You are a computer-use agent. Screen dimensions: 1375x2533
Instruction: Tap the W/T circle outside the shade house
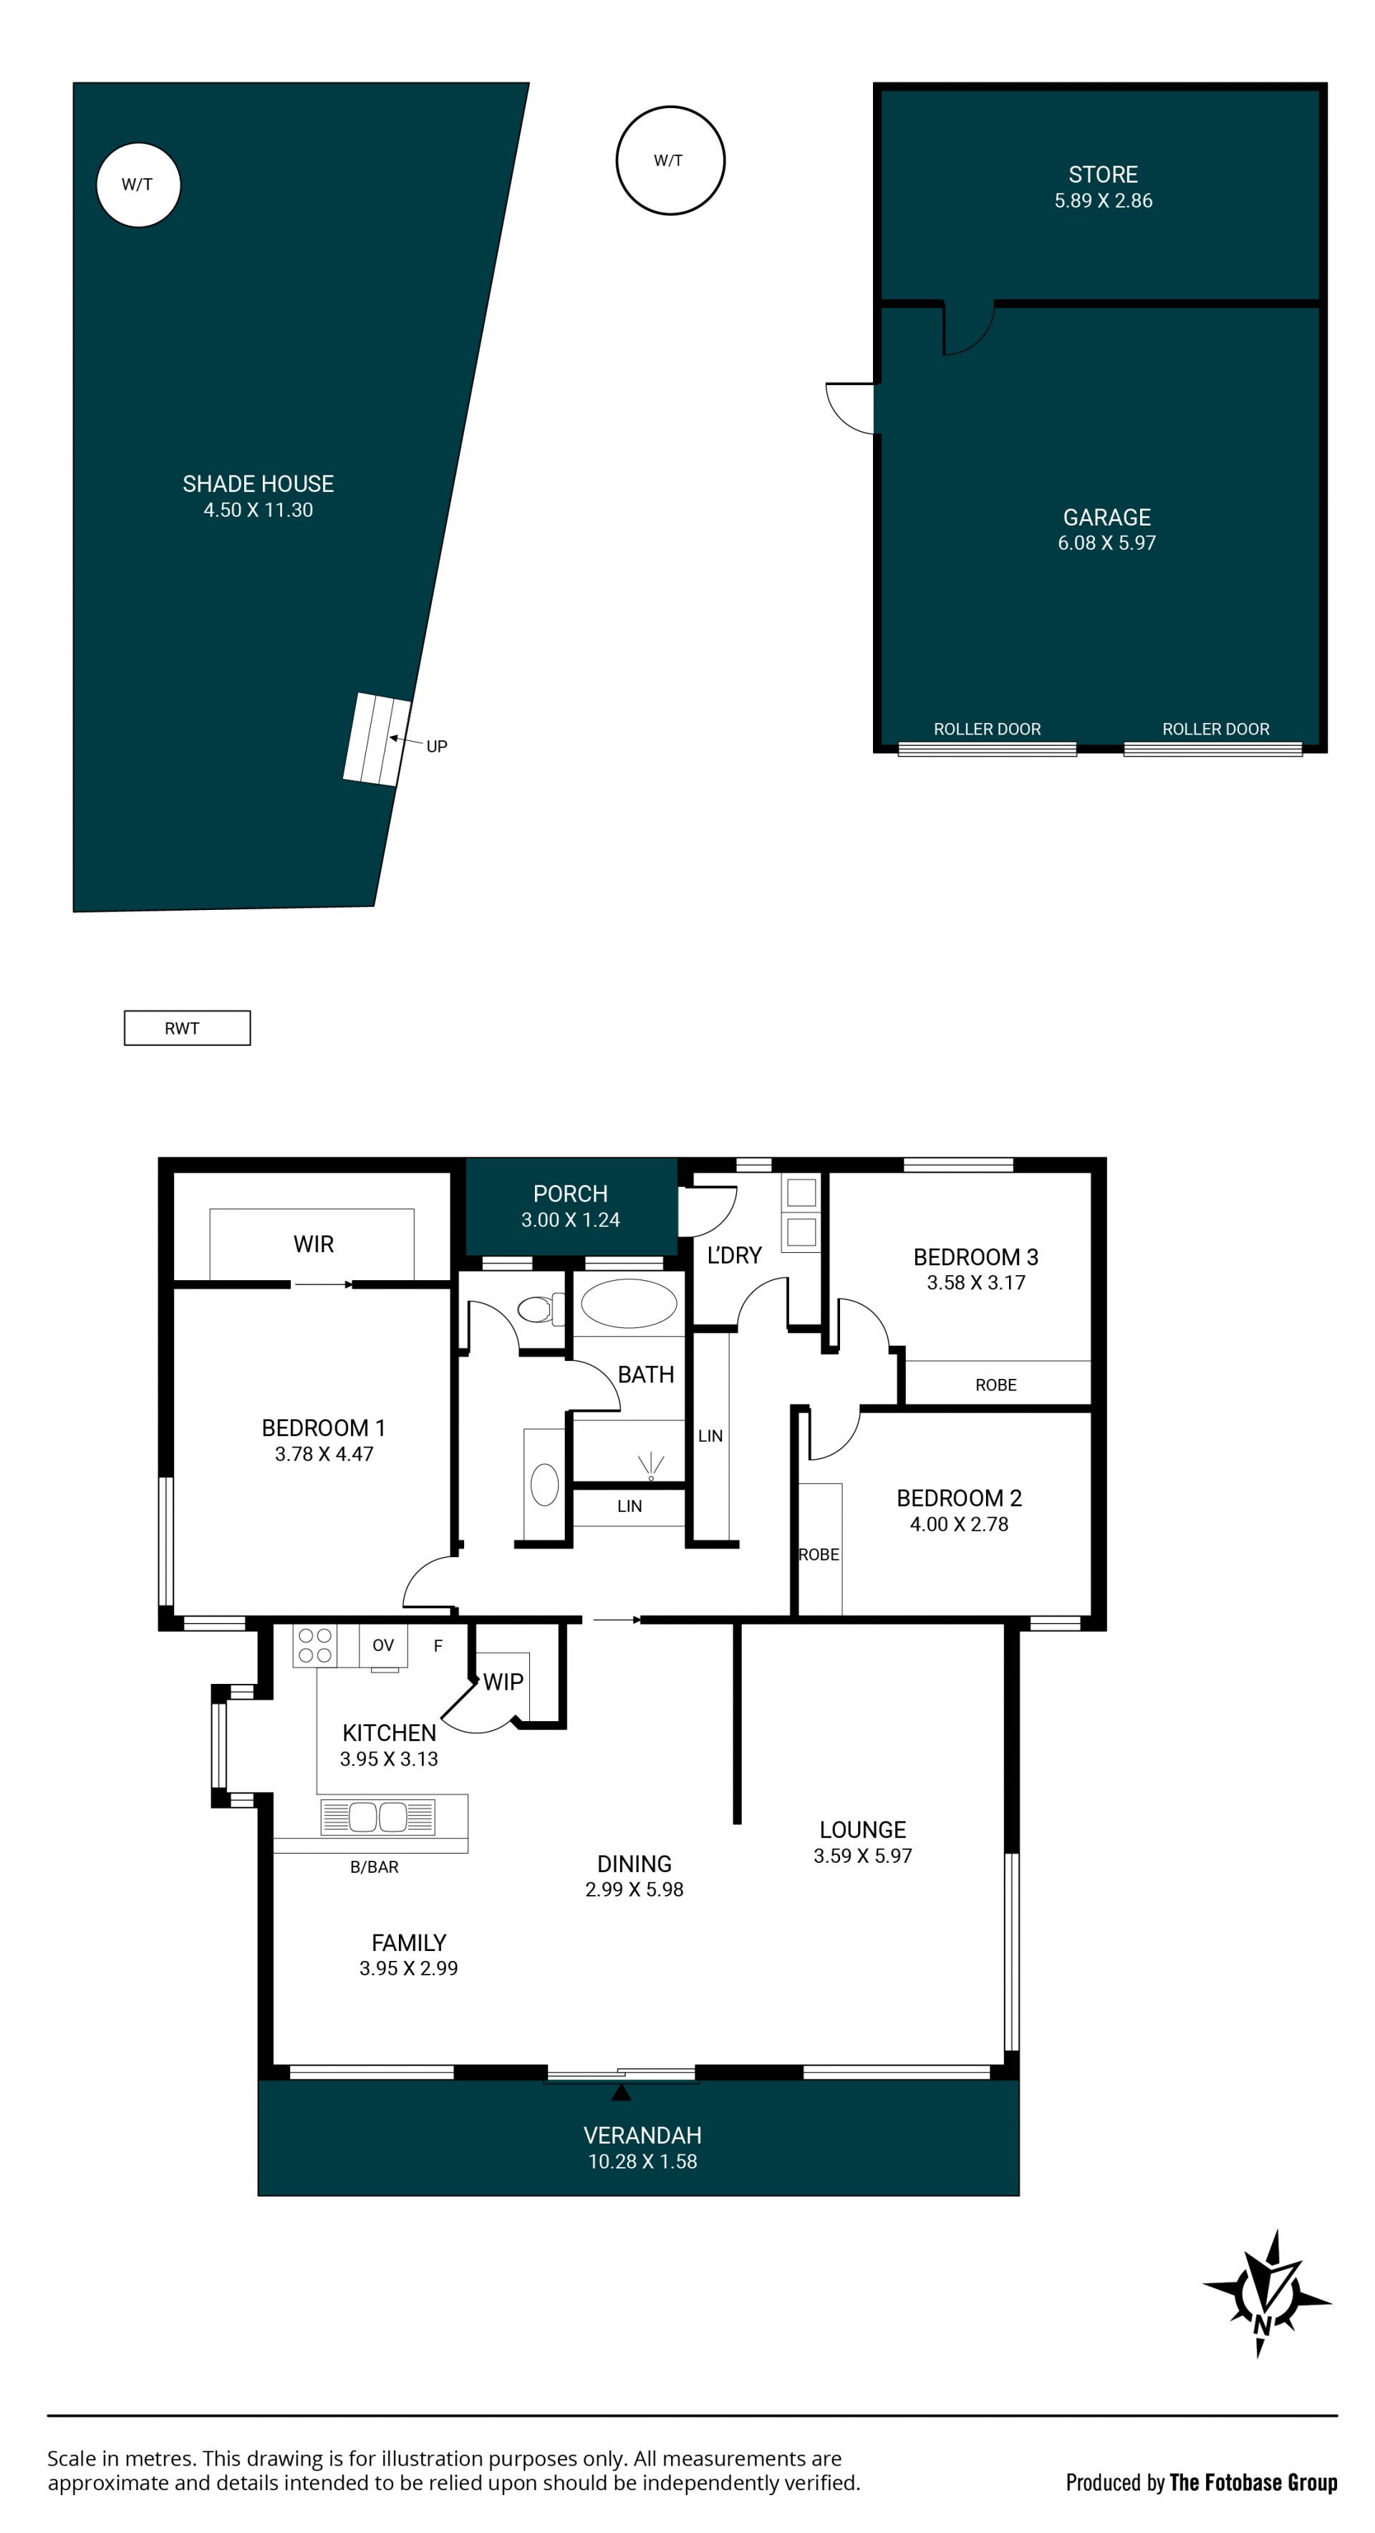click(670, 160)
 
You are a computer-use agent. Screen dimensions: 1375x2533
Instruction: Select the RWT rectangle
click(187, 1027)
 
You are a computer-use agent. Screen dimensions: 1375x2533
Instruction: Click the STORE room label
click(1103, 175)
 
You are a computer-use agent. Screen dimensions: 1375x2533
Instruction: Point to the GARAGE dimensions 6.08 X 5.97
click(1106, 543)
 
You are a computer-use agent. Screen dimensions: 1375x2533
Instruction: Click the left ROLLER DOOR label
click(987, 729)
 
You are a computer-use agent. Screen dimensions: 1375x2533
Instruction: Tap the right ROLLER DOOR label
click(1216, 729)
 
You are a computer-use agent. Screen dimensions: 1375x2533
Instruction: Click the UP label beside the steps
click(437, 746)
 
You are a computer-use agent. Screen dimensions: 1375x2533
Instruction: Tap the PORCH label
click(571, 1193)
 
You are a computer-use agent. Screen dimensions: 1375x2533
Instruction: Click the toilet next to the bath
click(540, 1309)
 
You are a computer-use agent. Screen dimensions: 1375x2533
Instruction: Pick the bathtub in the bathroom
click(629, 1304)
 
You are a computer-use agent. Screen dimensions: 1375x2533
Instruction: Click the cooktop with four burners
click(314, 1645)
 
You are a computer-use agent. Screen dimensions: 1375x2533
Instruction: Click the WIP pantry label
click(503, 1682)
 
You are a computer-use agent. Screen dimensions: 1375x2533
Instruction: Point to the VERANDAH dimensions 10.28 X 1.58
click(642, 2161)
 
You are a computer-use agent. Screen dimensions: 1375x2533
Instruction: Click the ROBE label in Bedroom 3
click(995, 1385)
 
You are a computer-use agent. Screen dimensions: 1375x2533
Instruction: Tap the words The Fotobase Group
click(1253, 2482)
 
